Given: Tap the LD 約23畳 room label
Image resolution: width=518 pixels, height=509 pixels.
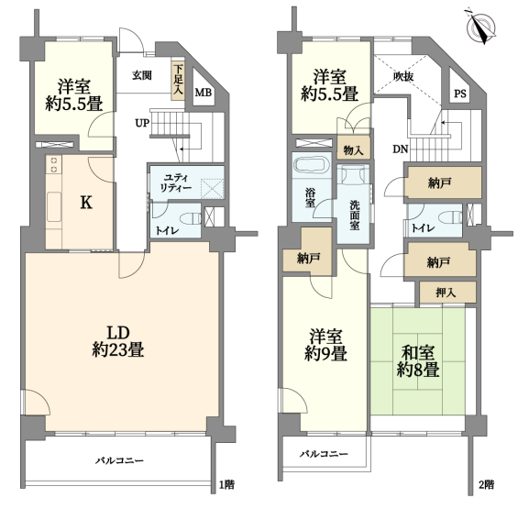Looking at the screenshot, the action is coord(118,341).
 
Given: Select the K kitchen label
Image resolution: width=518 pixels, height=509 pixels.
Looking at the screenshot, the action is coord(86,203).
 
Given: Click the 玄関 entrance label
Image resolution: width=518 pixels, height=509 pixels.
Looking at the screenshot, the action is coord(142,75).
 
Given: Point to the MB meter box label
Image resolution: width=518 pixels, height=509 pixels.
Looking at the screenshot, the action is coord(204,93).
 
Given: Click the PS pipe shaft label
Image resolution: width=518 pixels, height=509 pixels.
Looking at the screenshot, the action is coord(460,94).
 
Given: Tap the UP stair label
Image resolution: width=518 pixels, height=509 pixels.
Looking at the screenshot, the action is coord(142,123).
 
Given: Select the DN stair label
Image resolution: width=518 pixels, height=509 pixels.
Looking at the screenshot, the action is coord(401,149).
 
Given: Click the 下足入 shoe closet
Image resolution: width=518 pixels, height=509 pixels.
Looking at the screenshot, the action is coord(178,80).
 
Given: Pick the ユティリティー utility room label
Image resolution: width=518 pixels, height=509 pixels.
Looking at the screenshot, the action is coord(176,183).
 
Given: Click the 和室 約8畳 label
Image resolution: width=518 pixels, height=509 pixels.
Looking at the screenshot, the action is coord(418,361).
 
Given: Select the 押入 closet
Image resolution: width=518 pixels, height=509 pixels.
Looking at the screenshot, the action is coord(447,293).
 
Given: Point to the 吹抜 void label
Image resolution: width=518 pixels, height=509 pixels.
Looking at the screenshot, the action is coord(403,76).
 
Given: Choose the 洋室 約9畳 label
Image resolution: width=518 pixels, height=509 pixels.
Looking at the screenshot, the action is coord(325,345).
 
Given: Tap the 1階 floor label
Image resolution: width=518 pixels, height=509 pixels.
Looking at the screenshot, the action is coord(227,485).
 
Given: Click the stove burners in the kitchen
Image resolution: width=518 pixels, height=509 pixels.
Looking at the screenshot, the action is coord(54,165).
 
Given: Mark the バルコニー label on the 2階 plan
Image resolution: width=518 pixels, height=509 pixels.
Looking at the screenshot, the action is coord(324,454).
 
